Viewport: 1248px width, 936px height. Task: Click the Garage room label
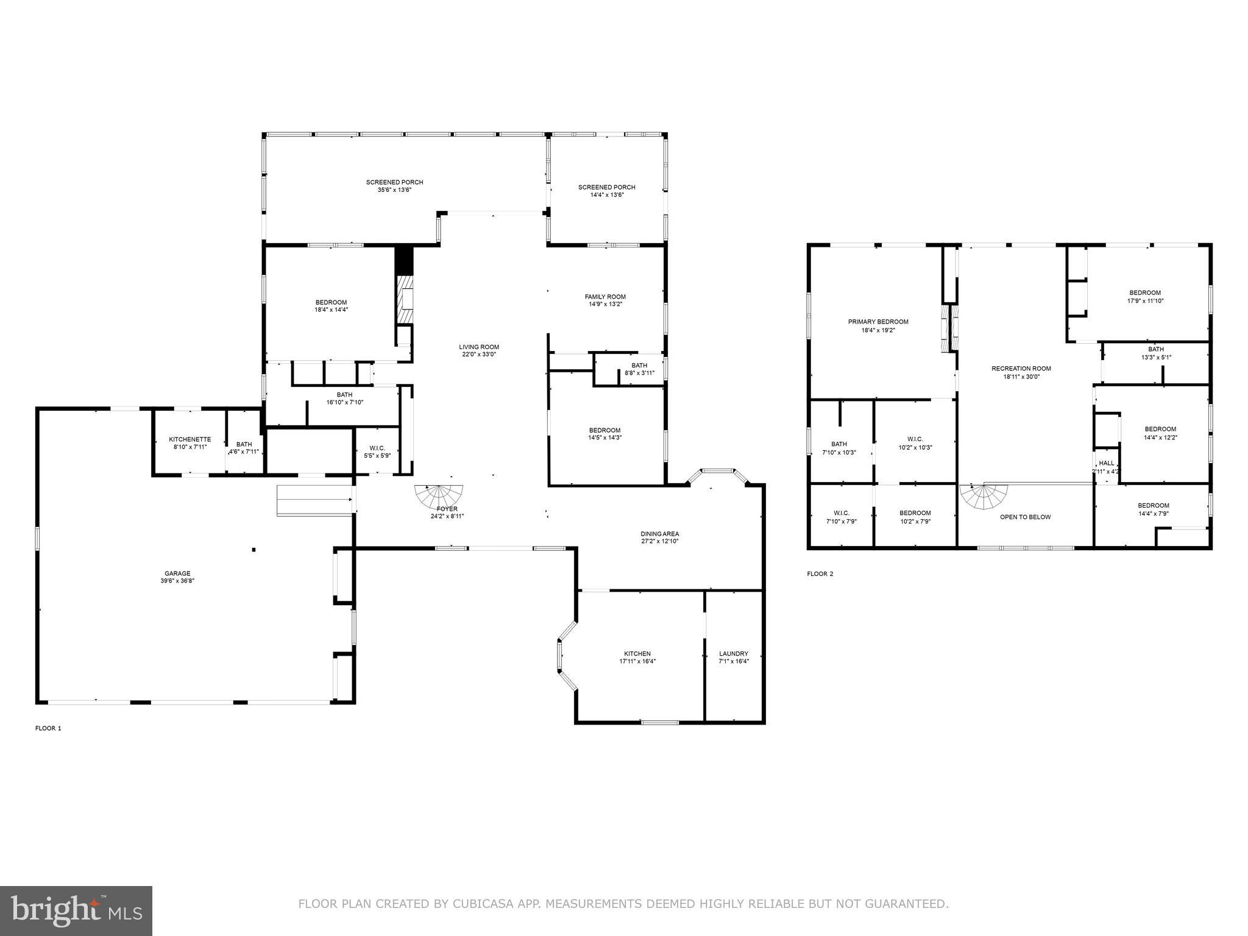(177, 573)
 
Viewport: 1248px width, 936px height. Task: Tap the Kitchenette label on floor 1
(190, 439)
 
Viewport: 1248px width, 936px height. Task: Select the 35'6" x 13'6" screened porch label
(394, 182)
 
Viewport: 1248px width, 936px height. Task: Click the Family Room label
(604, 297)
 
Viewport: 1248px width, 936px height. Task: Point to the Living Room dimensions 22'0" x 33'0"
(479, 355)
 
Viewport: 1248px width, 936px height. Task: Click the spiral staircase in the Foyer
(439, 496)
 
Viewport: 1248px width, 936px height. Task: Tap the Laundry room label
(733, 654)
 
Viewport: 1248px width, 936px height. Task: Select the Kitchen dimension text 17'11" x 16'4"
(637, 661)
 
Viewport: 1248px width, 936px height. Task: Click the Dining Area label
(659, 534)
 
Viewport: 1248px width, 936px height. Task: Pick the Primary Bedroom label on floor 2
(877, 322)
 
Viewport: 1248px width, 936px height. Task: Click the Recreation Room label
(1021, 368)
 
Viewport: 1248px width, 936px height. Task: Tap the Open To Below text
(1025, 517)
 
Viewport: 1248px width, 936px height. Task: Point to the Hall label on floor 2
(1106, 463)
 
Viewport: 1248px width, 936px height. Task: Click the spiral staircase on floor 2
(983, 497)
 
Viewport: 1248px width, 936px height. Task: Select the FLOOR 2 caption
(820, 573)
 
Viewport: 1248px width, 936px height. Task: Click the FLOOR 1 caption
(48, 728)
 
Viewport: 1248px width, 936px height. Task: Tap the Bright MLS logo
(76, 910)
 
